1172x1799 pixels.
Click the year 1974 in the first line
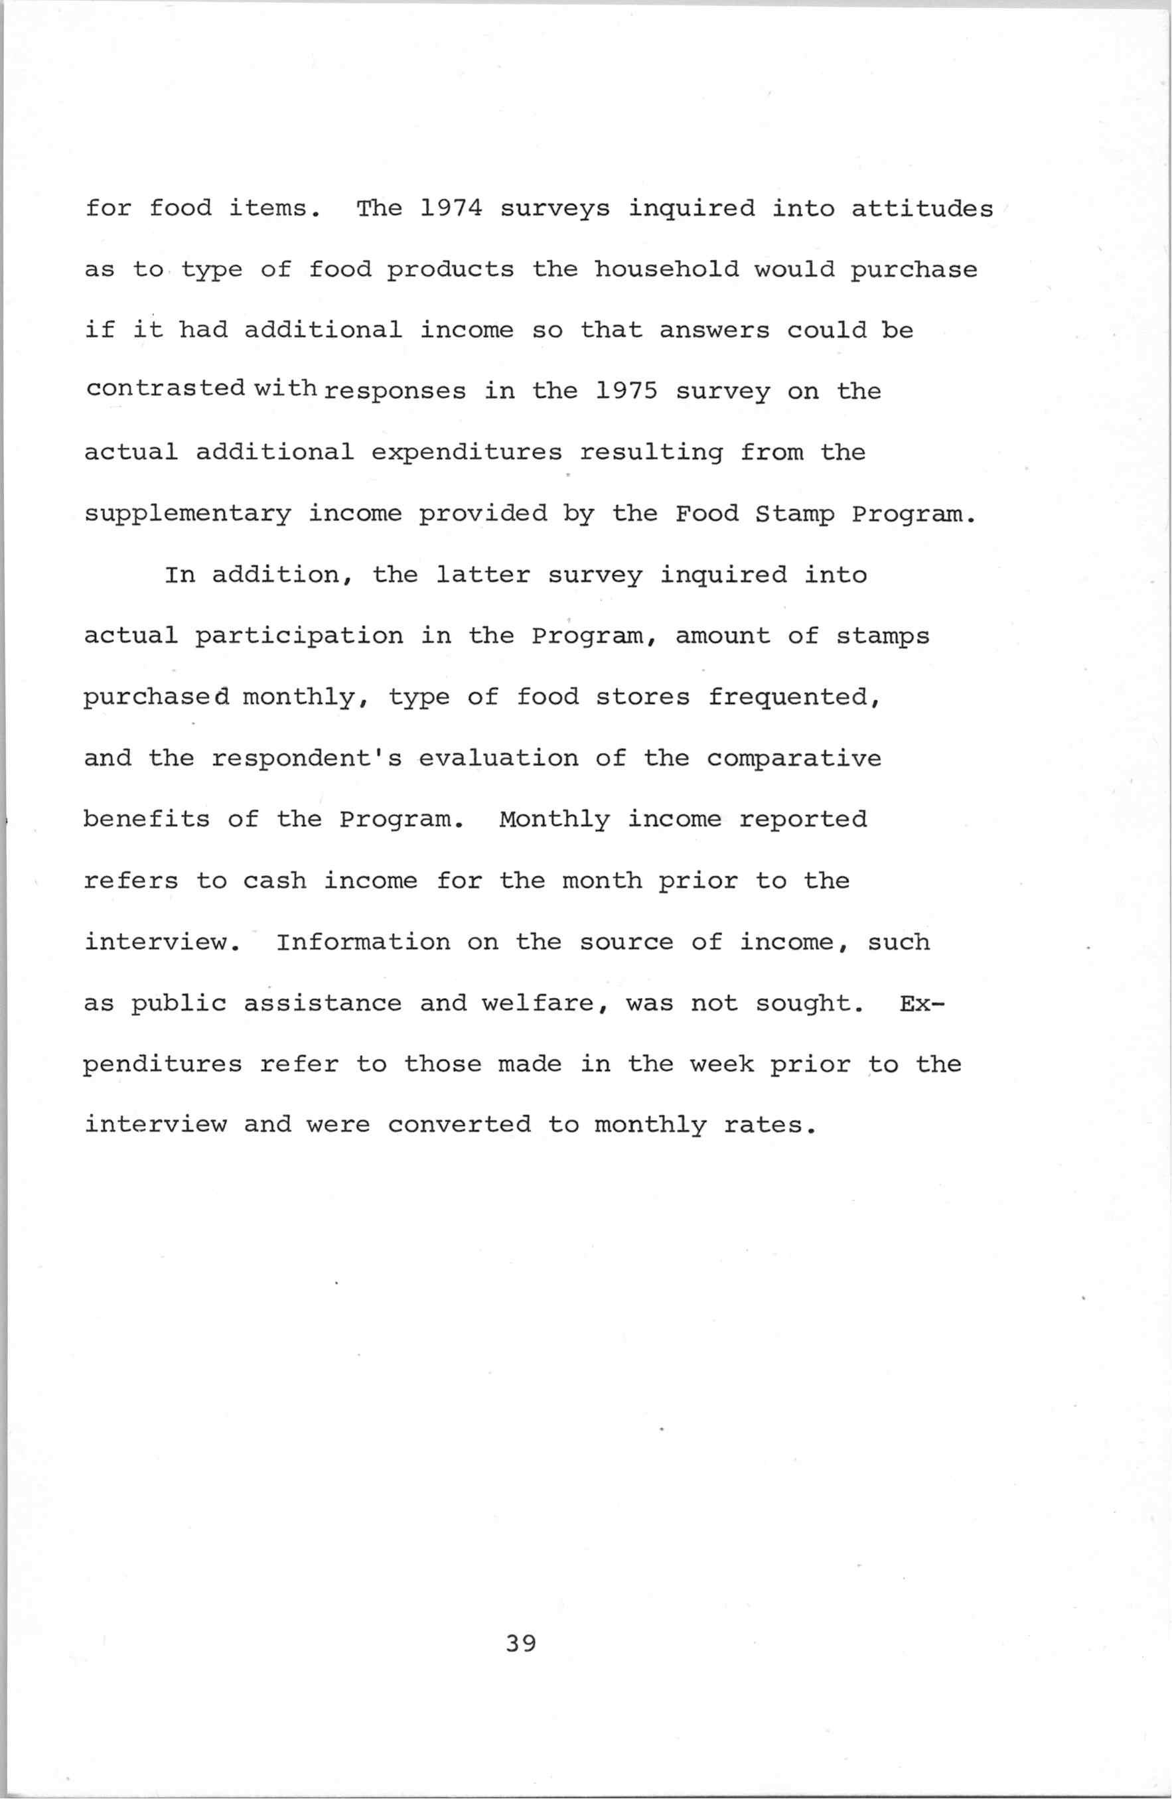point(451,208)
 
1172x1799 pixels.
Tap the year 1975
point(626,391)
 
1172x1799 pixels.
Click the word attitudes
point(922,208)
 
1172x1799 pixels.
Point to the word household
point(666,269)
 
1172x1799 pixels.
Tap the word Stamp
point(794,515)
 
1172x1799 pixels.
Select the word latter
point(483,575)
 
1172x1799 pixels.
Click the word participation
point(299,636)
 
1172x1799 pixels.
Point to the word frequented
point(794,697)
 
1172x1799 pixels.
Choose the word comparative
point(794,758)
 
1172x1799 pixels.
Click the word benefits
point(147,820)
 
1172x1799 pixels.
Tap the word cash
point(275,881)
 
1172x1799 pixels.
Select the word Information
point(363,942)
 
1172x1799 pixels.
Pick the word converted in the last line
point(459,1125)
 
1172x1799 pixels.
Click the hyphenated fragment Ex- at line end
point(922,1003)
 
